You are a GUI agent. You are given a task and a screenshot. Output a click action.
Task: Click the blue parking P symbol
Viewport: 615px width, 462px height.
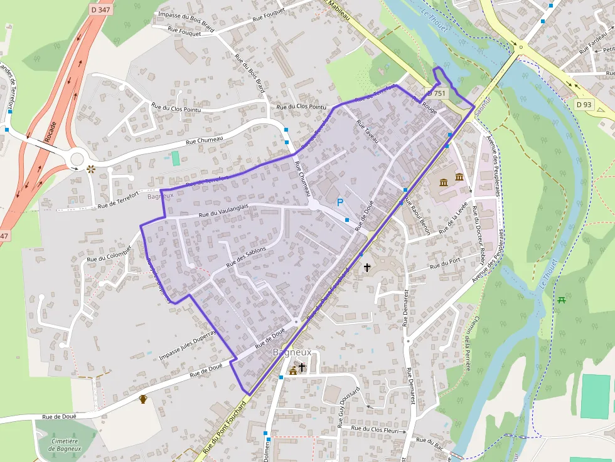[x=340, y=202]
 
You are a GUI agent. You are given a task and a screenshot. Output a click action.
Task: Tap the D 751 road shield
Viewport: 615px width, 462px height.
[x=436, y=93]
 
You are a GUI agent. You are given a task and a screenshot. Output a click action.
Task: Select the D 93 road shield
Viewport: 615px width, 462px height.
[x=584, y=105]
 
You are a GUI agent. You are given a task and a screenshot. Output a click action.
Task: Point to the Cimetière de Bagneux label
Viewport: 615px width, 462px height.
[x=65, y=444]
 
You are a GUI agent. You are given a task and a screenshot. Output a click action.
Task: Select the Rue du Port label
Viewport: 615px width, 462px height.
[x=446, y=264]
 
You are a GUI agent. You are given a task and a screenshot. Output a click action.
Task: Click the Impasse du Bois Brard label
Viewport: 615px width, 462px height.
[x=186, y=14]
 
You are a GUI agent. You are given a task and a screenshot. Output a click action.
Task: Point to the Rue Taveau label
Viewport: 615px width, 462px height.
[x=368, y=131]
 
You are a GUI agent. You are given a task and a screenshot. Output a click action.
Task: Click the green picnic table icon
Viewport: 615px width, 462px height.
[x=561, y=300]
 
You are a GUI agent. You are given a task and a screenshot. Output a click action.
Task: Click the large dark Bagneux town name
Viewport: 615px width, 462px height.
[x=292, y=353]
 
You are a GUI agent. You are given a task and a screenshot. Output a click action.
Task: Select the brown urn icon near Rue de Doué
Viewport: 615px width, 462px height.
[x=143, y=399]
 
